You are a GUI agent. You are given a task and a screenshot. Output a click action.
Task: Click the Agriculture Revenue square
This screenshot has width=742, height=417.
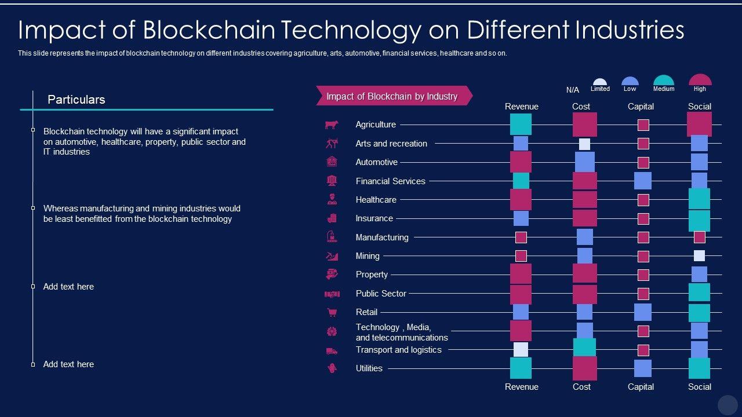pyautogui.click(x=521, y=125)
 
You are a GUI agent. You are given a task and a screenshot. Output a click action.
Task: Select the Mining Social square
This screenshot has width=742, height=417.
pyautogui.click(x=699, y=255)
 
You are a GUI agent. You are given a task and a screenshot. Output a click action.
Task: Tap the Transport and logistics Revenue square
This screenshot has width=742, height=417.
pyautogui.click(x=521, y=350)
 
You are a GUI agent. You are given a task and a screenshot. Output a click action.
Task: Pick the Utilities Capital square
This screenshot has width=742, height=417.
pyautogui.click(x=642, y=368)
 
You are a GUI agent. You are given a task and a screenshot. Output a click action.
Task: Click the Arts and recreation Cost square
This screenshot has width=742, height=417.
pyautogui.click(x=584, y=144)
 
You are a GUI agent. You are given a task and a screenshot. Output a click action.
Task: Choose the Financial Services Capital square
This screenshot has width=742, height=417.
pyautogui.click(x=642, y=181)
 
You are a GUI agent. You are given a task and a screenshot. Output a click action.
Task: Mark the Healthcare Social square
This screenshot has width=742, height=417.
pyautogui.click(x=699, y=199)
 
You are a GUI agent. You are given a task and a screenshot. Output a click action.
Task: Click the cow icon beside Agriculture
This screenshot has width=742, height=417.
pyautogui.click(x=332, y=125)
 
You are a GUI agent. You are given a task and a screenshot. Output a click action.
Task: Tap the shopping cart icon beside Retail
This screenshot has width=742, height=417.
pyautogui.click(x=332, y=312)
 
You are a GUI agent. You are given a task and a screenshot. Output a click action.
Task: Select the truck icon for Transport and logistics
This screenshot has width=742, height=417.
pyautogui.click(x=332, y=350)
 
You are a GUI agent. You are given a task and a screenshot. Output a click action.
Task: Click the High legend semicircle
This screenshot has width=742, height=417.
pyautogui.click(x=700, y=80)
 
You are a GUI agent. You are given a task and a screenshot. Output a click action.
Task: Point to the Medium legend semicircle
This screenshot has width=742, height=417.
pyautogui.click(x=664, y=81)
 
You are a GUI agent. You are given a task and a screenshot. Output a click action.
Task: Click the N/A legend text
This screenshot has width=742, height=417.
pyautogui.click(x=572, y=90)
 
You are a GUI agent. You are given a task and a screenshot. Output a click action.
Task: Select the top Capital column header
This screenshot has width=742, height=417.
pyautogui.click(x=641, y=107)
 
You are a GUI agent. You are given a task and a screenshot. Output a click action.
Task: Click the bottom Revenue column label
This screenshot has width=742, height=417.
pyautogui.click(x=521, y=387)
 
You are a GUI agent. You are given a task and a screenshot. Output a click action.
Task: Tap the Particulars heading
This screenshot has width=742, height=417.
pyautogui.click(x=76, y=100)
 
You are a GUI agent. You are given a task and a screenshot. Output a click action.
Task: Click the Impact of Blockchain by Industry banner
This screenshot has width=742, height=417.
pyautogui.click(x=392, y=96)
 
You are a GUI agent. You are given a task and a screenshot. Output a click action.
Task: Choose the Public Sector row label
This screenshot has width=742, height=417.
pyautogui.click(x=381, y=294)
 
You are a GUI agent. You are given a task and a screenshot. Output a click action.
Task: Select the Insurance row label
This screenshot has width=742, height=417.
pyautogui.click(x=374, y=218)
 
